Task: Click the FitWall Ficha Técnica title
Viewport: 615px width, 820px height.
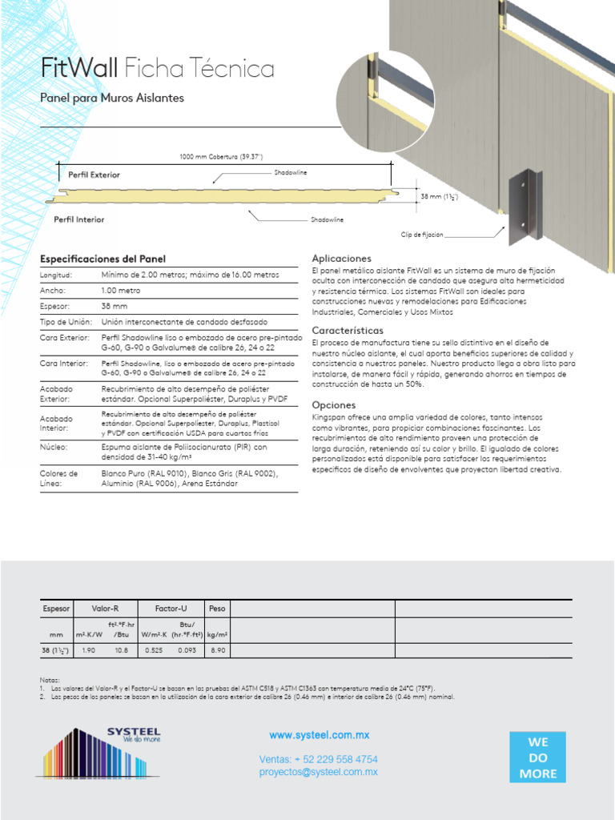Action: click(157, 69)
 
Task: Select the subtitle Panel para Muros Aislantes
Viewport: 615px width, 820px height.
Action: click(112, 98)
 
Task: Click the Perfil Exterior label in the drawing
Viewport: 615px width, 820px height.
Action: click(94, 174)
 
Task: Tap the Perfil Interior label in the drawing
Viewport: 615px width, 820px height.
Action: click(78, 219)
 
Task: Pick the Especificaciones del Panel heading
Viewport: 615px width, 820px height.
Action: click(102, 259)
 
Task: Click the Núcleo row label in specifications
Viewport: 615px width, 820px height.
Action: click(54, 447)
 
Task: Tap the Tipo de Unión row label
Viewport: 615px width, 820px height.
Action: click(65, 322)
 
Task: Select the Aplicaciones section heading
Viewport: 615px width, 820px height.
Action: click(341, 259)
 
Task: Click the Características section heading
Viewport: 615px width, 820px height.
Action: click(348, 330)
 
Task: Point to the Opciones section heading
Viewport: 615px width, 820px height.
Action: click(333, 405)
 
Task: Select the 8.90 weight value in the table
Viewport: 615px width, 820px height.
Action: click(217, 650)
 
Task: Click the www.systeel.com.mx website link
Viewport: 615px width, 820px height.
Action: click(319, 735)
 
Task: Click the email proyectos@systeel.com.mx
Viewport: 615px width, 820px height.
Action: click(318, 772)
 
